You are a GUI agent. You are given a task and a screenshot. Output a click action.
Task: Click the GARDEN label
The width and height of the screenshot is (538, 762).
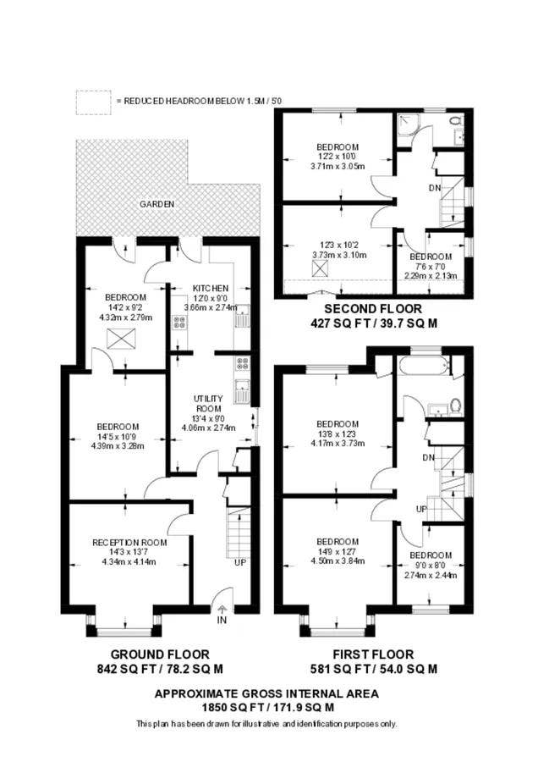(156, 204)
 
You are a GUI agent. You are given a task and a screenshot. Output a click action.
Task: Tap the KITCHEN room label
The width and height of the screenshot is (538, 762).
(211, 288)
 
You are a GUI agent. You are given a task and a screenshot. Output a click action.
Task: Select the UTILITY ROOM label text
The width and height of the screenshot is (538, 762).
(208, 403)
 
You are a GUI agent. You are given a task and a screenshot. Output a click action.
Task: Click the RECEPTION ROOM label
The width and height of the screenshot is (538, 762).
(129, 543)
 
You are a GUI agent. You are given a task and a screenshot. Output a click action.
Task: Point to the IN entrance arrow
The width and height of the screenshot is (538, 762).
(222, 610)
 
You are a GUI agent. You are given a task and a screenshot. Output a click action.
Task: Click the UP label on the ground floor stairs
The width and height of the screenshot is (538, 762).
(240, 562)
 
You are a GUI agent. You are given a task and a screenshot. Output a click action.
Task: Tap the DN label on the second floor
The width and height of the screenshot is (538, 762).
(435, 188)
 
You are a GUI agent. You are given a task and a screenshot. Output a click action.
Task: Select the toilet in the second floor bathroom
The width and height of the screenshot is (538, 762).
(455, 120)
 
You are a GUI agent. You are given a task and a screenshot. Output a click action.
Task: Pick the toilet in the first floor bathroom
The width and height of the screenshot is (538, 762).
(455, 406)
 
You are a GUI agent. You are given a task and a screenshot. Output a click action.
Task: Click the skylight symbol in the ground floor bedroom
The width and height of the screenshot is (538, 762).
(120, 338)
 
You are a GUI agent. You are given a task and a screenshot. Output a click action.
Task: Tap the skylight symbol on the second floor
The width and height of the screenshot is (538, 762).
(320, 268)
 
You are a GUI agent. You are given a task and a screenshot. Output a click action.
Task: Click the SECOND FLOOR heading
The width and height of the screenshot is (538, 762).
(373, 308)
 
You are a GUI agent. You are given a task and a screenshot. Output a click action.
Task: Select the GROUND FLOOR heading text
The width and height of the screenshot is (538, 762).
(160, 654)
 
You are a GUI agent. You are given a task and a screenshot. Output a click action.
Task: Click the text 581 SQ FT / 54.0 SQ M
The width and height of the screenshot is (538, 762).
(374, 669)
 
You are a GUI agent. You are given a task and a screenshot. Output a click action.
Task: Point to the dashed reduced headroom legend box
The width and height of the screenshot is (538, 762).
(93, 102)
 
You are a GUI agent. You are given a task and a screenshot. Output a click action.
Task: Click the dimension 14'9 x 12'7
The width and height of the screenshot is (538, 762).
(338, 551)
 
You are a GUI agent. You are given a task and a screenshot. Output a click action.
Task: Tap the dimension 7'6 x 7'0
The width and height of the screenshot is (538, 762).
(431, 267)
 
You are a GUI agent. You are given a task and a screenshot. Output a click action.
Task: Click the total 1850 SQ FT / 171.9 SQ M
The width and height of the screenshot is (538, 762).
(267, 707)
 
